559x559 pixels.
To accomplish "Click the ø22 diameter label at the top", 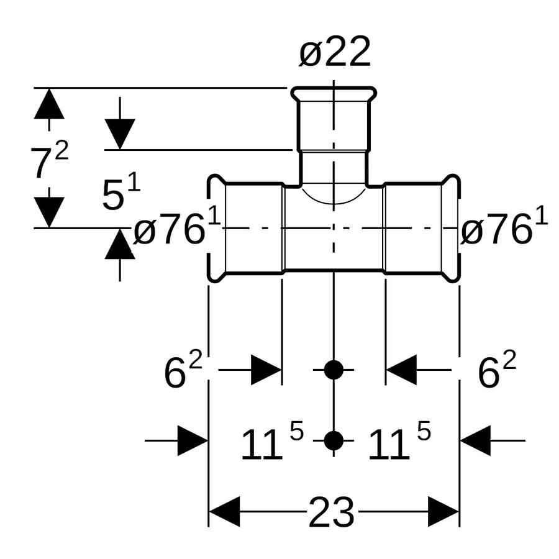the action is [335, 52].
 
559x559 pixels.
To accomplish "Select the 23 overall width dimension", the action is [331, 512].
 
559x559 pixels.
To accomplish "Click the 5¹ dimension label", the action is [121, 194].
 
